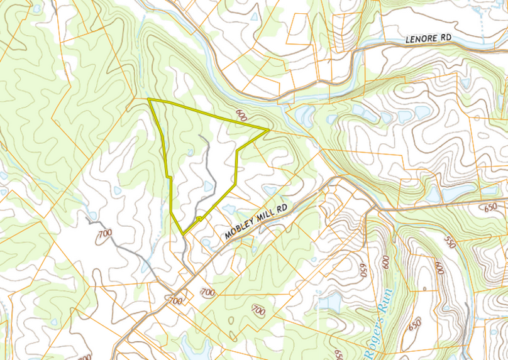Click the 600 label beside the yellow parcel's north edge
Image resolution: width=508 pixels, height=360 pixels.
click(241, 116)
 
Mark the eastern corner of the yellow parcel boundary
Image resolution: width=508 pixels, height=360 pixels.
click(268, 130)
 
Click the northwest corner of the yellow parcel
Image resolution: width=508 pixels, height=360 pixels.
click(149, 100)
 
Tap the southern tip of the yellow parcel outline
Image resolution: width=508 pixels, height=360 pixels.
click(183, 234)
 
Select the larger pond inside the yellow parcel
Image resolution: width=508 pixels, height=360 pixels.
click(208, 186)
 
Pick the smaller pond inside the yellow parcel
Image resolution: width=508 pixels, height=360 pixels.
click(190, 153)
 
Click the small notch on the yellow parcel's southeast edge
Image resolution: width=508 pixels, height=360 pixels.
click(199, 219)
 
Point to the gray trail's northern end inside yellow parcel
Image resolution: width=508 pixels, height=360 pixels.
click(200, 135)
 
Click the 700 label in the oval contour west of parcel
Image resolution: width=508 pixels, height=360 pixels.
click(104, 234)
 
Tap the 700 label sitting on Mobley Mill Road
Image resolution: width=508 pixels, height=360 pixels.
click(176, 301)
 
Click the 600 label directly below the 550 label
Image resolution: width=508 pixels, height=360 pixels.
click(438, 268)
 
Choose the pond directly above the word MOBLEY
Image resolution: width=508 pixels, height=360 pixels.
click(228, 209)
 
